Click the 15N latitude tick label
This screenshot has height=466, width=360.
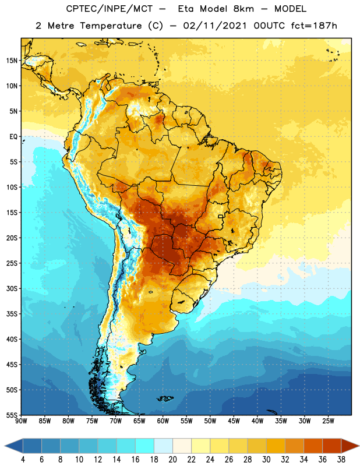click(12, 61)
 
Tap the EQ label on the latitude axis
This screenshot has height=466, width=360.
click(13, 137)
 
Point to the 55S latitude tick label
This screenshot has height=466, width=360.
click(12, 415)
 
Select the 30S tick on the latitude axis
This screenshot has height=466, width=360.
click(12, 288)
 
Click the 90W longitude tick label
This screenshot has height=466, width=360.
click(21, 421)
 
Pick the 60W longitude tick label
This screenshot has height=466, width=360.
click(163, 421)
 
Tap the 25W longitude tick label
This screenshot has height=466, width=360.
click(328, 421)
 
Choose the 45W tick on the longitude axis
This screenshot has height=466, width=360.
click(234, 421)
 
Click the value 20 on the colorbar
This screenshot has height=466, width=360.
click(172, 460)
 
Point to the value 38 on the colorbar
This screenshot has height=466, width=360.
click(341, 460)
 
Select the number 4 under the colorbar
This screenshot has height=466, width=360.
click(23, 460)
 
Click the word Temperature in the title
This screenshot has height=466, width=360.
click(111, 26)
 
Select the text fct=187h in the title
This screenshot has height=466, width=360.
click(314, 26)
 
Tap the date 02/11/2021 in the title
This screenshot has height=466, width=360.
click(215, 26)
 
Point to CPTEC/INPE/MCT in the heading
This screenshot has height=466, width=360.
click(109, 9)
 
